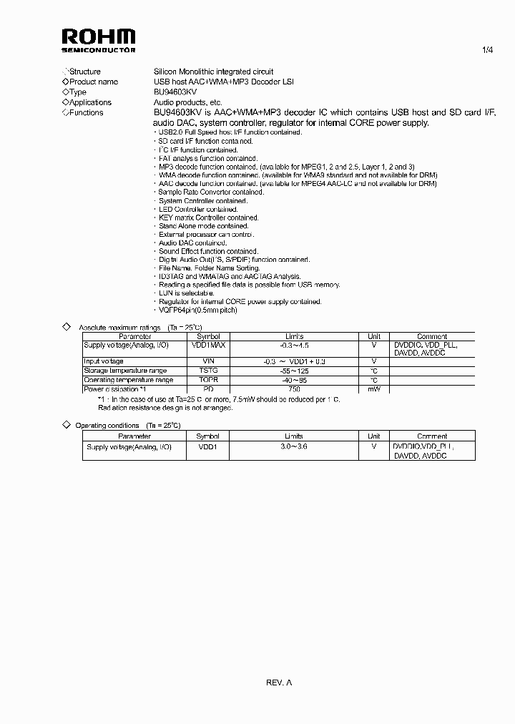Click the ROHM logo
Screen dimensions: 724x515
coord(98,41)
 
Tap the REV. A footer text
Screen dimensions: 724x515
coord(279,683)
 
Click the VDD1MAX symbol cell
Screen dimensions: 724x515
coord(209,345)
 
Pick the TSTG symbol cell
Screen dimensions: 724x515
coord(209,371)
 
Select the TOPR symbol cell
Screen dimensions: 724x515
coord(209,380)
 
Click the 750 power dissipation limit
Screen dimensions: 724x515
coord(294,389)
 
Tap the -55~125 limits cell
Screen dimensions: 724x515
coord(294,371)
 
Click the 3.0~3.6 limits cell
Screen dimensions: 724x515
coord(294,446)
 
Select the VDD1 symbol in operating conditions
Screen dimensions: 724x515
coord(208,446)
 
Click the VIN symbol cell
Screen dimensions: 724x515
coord(209,361)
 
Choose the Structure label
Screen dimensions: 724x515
coord(84,72)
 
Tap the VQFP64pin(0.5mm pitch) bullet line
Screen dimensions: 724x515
coord(198,310)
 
